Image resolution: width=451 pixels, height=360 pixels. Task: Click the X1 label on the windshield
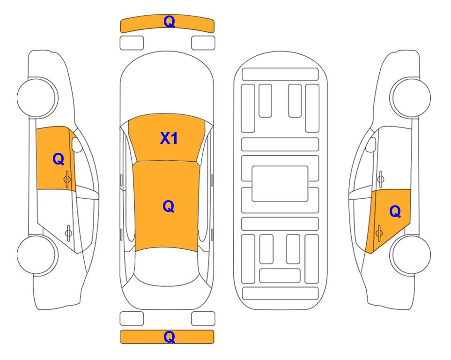point(169,138)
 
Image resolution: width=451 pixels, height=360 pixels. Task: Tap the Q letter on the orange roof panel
point(169,207)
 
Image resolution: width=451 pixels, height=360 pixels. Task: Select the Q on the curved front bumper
point(169,22)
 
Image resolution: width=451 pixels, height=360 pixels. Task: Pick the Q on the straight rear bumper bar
point(169,337)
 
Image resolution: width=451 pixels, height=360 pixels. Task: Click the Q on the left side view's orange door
point(59,159)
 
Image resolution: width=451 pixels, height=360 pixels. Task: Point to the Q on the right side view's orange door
point(395,212)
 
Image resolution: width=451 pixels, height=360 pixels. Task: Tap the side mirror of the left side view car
point(76,144)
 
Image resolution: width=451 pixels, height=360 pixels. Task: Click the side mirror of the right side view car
point(371,144)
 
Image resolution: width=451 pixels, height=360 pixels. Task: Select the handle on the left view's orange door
point(67,179)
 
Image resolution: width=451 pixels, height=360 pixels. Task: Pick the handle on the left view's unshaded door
point(68,232)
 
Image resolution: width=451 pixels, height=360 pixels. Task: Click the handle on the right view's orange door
point(379,233)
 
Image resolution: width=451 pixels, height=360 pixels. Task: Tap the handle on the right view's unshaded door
point(381,179)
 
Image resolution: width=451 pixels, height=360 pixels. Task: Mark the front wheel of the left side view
point(36,97)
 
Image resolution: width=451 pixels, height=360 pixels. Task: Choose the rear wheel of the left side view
point(36,255)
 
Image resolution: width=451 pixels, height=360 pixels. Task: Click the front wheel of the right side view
point(411,97)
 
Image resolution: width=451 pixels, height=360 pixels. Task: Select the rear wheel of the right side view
point(411,255)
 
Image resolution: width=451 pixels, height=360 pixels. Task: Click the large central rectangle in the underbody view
point(280,184)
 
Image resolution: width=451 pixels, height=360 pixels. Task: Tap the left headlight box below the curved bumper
point(132,43)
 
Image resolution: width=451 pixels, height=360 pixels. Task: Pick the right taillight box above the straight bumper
point(203,319)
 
